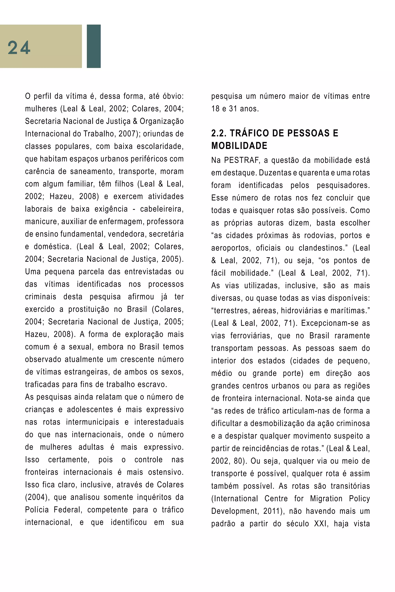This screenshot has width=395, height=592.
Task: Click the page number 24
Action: point(19,48)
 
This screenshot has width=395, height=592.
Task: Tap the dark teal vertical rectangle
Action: point(94,46)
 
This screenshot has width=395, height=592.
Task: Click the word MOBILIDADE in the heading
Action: point(239,146)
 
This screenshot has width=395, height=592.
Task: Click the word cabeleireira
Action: point(162,209)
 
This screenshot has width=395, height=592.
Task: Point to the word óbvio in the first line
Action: point(173,96)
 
